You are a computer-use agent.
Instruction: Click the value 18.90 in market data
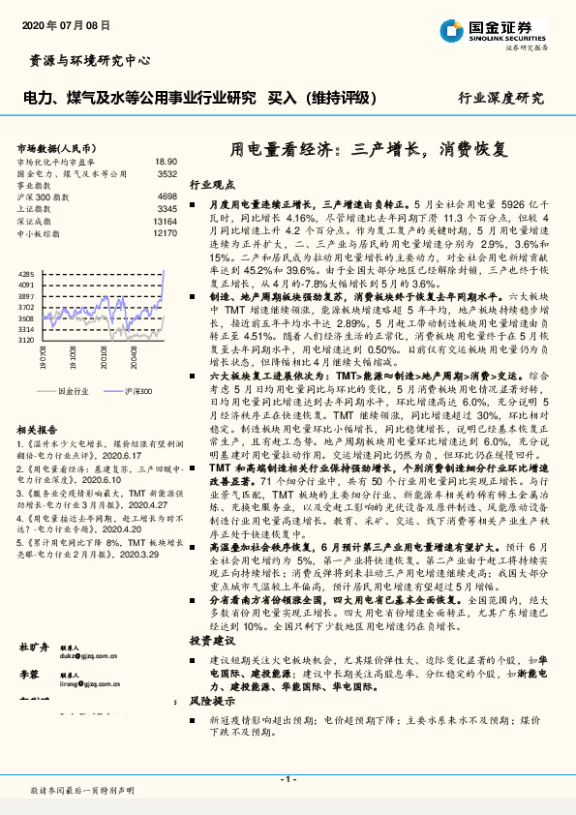point(166,163)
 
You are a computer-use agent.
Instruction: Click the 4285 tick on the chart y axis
point(26,275)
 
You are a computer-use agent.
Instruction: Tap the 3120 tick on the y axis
point(26,341)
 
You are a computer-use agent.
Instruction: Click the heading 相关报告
point(40,428)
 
